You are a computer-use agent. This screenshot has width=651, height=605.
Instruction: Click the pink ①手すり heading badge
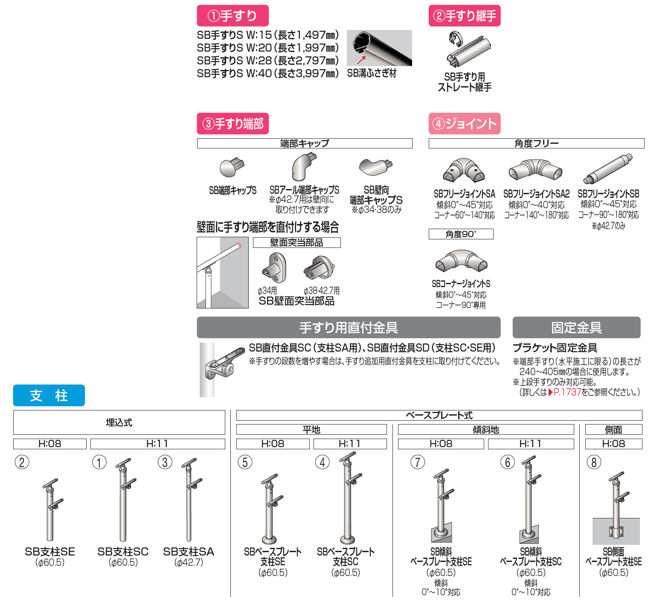coord(232,16)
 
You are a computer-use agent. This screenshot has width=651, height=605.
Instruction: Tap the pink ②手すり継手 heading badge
coord(465,16)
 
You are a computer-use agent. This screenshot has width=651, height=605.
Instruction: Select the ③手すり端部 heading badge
coord(232,124)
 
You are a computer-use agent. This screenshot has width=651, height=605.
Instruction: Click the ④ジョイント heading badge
coord(465,124)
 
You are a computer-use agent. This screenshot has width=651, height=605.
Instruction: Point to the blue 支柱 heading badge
coord(49,396)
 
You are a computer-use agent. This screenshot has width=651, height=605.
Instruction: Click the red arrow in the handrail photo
coord(361,60)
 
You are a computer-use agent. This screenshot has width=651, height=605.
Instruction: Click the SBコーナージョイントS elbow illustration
coord(461,262)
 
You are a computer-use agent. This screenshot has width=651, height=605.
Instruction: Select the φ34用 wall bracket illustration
coord(274,268)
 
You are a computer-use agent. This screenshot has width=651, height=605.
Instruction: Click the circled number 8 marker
coord(594,462)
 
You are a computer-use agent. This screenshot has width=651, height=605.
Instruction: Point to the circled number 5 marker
coord(245,462)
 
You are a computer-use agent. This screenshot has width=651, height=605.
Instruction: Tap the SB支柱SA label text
coord(189,552)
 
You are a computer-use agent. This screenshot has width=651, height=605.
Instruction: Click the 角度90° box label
coord(461,234)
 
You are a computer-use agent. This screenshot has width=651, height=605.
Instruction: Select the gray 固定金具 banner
coord(576,327)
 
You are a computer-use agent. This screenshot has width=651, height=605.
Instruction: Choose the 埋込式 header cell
coord(119,422)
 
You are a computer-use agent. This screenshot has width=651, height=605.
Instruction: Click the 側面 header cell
coord(613,430)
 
